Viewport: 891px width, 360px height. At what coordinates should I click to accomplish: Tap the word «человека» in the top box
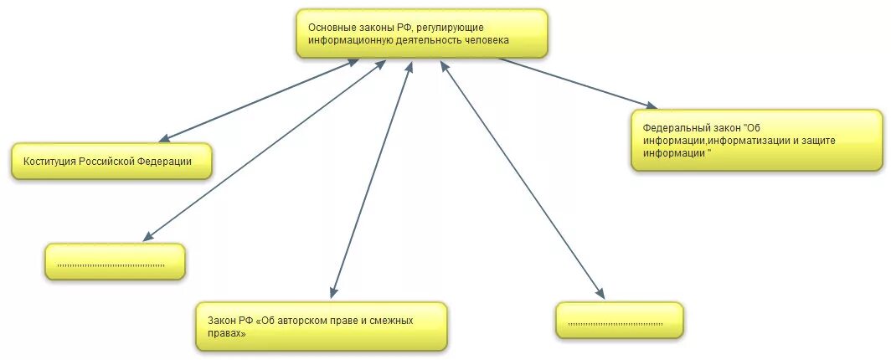point(485,39)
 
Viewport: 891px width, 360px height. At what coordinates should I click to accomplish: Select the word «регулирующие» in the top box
point(442,28)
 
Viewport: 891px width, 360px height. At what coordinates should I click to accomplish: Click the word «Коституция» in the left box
point(50,161)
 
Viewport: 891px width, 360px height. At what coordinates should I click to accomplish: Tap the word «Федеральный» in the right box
point(674,128)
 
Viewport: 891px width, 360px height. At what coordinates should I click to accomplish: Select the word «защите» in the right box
point(818,141)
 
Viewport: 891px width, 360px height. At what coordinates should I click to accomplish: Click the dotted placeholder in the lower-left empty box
point(111,265)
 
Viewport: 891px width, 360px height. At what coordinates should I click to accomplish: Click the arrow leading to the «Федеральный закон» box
point(578,82)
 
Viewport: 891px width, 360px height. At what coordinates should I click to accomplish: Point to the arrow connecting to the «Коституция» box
point(260,99)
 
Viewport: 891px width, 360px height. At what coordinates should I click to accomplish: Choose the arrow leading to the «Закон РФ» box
point(372,180)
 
